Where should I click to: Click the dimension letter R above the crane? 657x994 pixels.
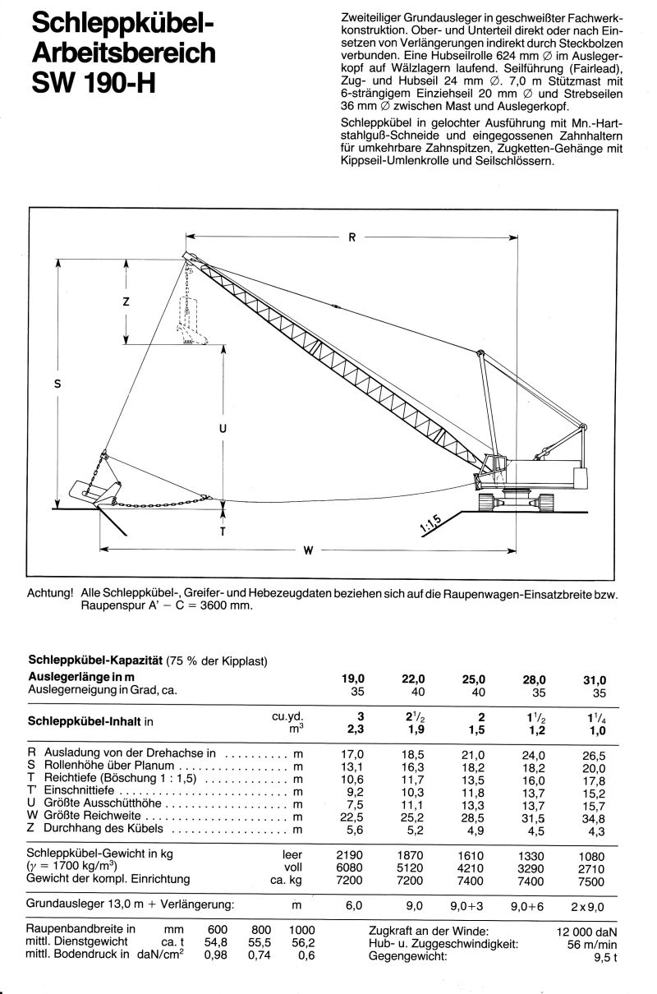pos(351,238)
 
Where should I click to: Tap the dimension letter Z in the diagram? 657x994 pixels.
pos(126,301)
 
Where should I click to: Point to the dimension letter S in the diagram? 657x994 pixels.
pos(57,381)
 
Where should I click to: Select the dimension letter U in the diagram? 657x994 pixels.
pos(223,428)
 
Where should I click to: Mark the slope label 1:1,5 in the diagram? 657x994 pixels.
pos(434,523)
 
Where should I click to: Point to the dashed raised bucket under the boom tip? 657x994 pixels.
pos(191,329)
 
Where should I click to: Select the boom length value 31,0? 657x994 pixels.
pos(593,679)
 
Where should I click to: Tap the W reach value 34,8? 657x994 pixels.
pos(593,817)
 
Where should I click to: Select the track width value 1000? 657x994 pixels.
pos(301,931)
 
